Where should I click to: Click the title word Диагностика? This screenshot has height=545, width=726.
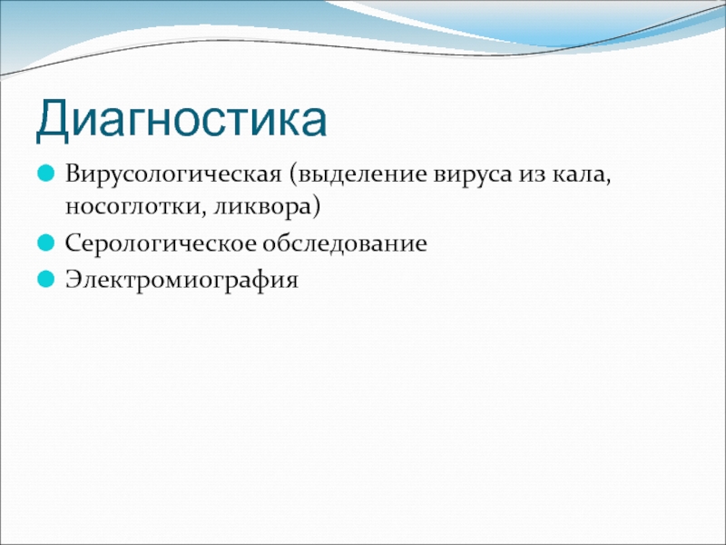tap(181, 119)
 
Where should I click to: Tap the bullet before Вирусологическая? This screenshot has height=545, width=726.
tap(46, 173)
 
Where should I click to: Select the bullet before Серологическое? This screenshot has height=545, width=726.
tap(46, 243)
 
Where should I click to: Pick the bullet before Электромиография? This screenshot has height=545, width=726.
tap(46, 279)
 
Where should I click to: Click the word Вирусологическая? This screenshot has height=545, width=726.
tap(173, 174)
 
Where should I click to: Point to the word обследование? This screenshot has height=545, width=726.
tap(345, 243)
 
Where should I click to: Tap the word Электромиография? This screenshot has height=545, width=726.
tap(182, 280)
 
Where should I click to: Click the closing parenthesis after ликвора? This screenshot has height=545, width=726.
tap(316, 208)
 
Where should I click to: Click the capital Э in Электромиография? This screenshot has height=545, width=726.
tap(74, 280)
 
